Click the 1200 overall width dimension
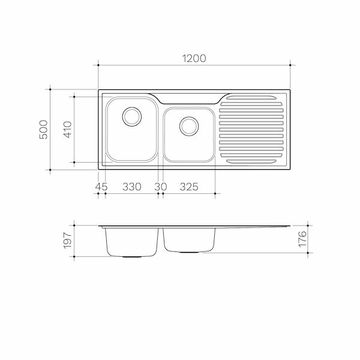point(194,58)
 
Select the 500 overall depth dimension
point(44,130)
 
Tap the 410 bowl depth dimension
point(68,130)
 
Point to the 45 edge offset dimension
point(101,187)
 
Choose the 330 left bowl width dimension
point(132,187)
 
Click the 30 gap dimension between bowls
point(161,187)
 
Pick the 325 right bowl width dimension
point(189,187)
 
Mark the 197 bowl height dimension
point(68,241)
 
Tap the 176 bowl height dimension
point(302,239)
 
